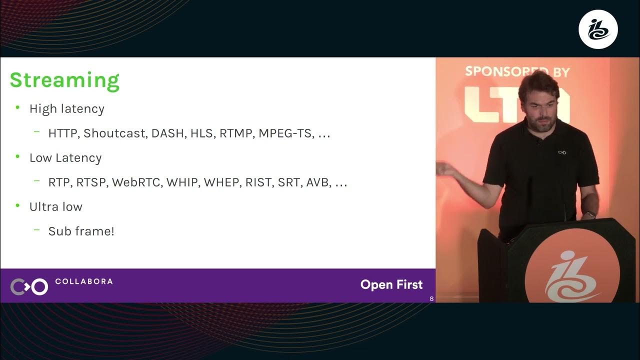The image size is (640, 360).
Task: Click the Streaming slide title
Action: pyautogui.click(x=64, y=80)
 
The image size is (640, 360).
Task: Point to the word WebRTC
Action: pyautogui.click(x=136, y=182)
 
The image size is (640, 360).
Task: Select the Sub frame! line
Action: pyautogui.click(x=81, y=231)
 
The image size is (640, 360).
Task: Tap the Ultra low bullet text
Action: pyautogui.click(x=55, y=207)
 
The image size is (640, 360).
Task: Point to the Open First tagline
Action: pyautogui.click(x=391, y=285)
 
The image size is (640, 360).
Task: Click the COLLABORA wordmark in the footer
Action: pyautogui.click(x=83, y=281)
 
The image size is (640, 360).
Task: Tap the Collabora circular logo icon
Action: pyautogui.click(x=29, y=286)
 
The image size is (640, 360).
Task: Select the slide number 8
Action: pyautogui.click(x=431, y=299)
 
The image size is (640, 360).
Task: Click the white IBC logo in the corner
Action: pyautogui.click(x=598, y=29)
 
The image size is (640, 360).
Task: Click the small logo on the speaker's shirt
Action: pyautogui.click(x=562, y=152)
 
